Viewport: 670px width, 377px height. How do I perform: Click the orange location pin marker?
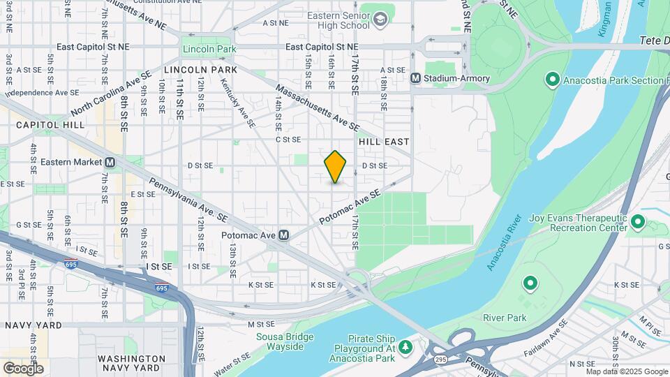(335, 167)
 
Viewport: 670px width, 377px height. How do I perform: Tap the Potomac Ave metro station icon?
(284, 235)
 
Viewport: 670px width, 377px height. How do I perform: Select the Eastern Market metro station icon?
(110, 162)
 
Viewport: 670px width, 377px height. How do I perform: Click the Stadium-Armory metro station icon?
(415, 78)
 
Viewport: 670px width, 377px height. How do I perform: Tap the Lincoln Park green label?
(209, 49)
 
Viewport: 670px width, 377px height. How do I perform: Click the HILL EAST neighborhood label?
(383, 141)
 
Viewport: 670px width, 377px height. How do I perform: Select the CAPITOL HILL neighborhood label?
(50, 125)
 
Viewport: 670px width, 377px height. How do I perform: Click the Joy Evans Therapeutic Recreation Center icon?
(637, 222)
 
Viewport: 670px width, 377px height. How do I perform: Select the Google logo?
(23, 367)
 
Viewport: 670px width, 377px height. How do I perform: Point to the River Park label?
(505, 318)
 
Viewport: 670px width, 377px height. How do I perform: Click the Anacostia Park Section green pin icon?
(552, 80)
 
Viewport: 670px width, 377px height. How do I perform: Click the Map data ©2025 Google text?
(627, 371)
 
